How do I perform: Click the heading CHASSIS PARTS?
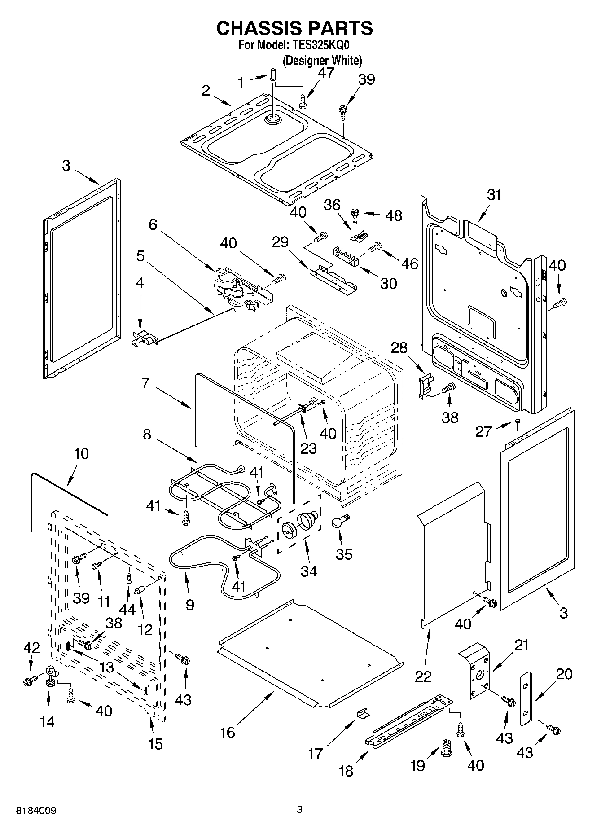pyautogui.click(x=294, y=28)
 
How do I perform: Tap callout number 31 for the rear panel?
pyautogui.click(x=494, y=195)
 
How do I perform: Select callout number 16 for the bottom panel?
pyautogui.click(x=228, y=733)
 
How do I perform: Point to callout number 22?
pyautogui.click(x=423, y=676)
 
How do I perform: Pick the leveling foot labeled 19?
pyautogui.click(x=446, y=747)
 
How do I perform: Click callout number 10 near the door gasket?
pyautogui.click(x=81, y=453)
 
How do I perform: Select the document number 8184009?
pyautogui.click(x=36, y=811)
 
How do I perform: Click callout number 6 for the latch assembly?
pyautogui.click(x=153, y=224)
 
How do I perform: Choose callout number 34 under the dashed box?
pyautogui.click(x=309, y=571)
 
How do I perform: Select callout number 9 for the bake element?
pyautogui.click(x=190, y=604)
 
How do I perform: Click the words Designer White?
pyautogui.click(x=322, y=60)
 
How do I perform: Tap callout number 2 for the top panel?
pyautogui.click(x=206, y=91)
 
